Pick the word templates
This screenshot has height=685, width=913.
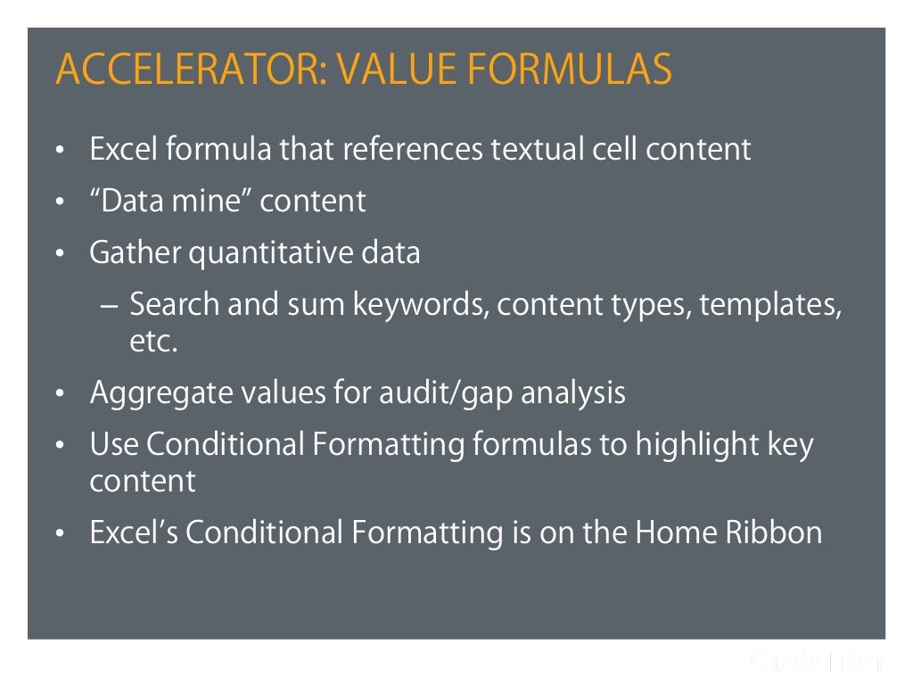[x=770, y=305]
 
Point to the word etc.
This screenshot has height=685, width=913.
[x=154, y=342]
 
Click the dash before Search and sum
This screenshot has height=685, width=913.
[x=108, y=305]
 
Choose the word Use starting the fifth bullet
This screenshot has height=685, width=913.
[x=113, y=444]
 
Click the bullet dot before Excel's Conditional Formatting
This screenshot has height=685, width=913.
[x=60, y=534]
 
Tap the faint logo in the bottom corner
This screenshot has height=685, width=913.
[x=815, y=662]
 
